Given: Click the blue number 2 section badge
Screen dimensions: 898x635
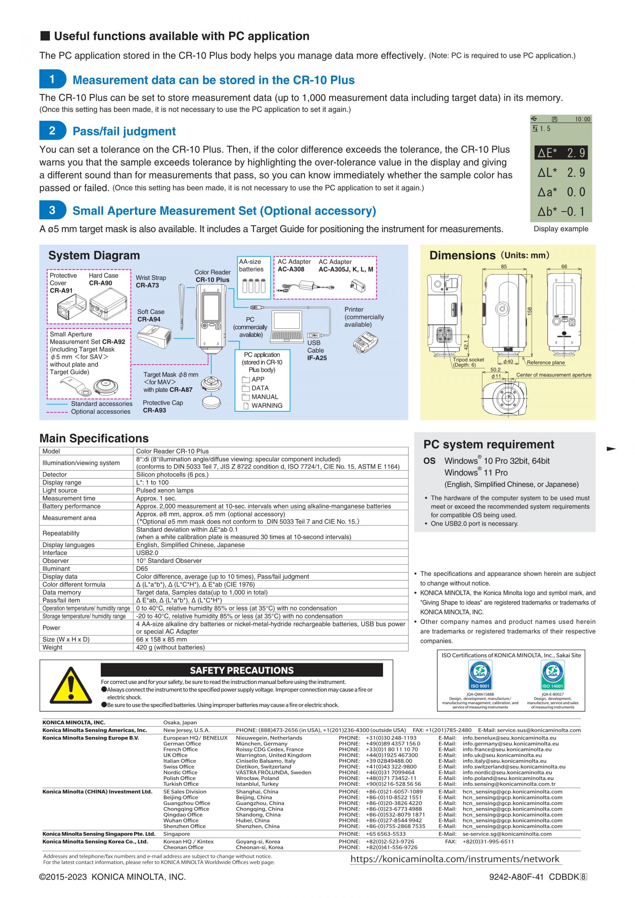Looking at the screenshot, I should pyautogui.click(x=52, y=131).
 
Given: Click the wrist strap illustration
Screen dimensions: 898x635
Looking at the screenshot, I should pyautogui.click(x=182, y=307).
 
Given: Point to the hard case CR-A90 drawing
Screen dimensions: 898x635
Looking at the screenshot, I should pyautogui.click(x=108, y=305).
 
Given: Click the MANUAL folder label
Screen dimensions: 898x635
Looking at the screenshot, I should pyautogui.click(x=265, y=397).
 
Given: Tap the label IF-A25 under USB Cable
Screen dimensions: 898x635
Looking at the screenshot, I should pyautogui.click(x=317, y=358).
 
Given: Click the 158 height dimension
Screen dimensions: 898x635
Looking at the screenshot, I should pyautogui.click(x=530, y=311).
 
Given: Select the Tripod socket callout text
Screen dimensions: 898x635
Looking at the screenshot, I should pyautogui.click(x=468, y=360).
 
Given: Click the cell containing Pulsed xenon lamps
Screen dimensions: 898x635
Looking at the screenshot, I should pyautogui.click(x=165, y=490).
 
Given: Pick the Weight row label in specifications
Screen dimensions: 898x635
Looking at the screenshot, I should pyautogui.click(x=52, y=647).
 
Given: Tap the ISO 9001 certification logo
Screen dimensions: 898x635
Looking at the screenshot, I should pyautogui.click(x=480, y=675).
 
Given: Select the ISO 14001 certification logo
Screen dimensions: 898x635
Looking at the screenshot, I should pyautogui.click(x=552, y=675).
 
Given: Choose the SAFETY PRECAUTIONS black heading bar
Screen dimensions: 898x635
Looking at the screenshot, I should pyautogui.click(x=242, y=670).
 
